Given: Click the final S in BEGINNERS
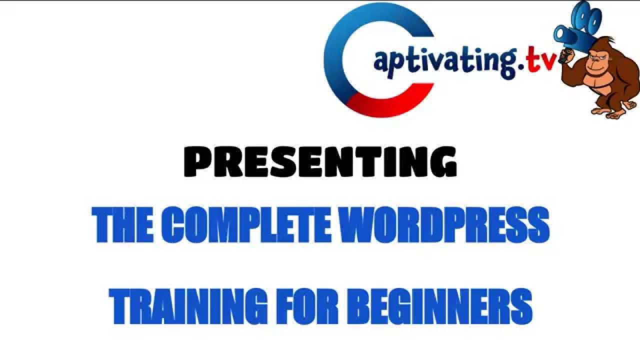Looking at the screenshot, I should [x=520, y=305].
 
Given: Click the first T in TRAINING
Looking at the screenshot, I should [x=122, y=305].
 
